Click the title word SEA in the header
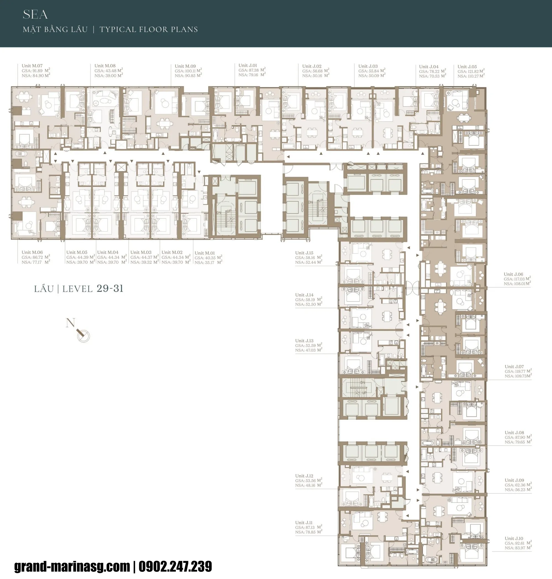point(35,15)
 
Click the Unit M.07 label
point(32,66)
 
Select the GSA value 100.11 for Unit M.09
point(190,71)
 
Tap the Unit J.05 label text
point(467,67)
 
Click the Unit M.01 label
point(205,253)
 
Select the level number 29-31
point(110,289)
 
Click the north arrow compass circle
point(84,336)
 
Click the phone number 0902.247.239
point(175,566)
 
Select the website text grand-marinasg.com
point(72,566)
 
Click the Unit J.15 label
point(304,253)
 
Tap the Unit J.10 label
point(514,538)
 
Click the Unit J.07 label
point(514,366)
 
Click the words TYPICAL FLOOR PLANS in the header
point(148,30)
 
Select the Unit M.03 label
point(141,252)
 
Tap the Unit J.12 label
point(304,476)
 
